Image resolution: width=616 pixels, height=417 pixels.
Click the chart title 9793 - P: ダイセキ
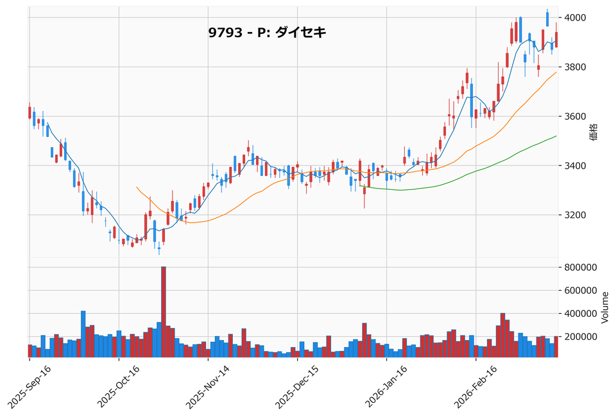point(267,33)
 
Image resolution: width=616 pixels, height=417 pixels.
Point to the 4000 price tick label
point(576,17)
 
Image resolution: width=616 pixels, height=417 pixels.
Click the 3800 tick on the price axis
point(576,67)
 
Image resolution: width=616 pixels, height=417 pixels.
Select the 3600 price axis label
point(576,116)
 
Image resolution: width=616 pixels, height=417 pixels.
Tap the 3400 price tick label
point(576,166)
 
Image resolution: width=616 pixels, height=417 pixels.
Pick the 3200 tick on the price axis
point(576,215)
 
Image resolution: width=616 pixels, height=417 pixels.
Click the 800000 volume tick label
point(581,268)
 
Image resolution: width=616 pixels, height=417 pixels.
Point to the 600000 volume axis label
point(581,291)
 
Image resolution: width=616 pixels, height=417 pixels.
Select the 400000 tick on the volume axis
point(581,314)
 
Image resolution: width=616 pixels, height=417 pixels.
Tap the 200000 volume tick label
point(581,337)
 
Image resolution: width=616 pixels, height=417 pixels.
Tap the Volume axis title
point(604,309)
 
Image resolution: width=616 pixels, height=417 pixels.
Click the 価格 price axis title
point(594,132)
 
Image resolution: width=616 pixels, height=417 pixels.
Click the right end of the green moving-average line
point(556,136)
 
